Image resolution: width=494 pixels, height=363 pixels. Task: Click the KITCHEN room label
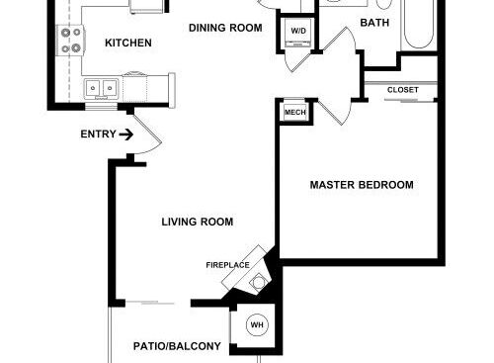click(x=128, y=43)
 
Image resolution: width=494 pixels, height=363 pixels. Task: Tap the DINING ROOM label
click(x=225, y=28)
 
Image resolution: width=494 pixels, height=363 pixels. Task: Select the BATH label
click(x=374, y=23)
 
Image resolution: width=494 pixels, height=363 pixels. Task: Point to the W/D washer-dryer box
click(x=298, y=33)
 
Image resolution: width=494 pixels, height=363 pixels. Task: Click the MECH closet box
click(x=295, y=112)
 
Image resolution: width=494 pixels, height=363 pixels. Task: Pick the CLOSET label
click(x=403, y=90)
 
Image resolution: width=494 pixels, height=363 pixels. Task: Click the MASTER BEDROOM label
click(x=362, y=185)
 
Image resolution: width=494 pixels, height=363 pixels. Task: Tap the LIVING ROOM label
click(x=198, y=222)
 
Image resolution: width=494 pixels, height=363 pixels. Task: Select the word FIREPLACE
click(x=227, y=265)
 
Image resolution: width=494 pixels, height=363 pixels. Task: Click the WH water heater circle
click(x=257, y=325)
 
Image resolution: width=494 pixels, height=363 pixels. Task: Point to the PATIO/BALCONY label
click(x=177, y=346)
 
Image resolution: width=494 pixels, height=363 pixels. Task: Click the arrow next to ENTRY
click(x=126, y=135)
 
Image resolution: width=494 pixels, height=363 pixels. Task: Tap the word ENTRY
click(x=99, y=135)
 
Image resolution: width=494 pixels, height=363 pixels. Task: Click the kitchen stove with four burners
click(x=70, y=41)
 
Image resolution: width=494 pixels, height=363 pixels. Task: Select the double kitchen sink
click(x=101, y=88)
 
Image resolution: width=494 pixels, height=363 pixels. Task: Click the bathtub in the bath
click(x=418, y=24)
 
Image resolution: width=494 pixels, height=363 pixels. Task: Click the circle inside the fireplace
click(x=259, y=283)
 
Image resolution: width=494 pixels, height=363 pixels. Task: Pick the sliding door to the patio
click(x=150, y=303)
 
